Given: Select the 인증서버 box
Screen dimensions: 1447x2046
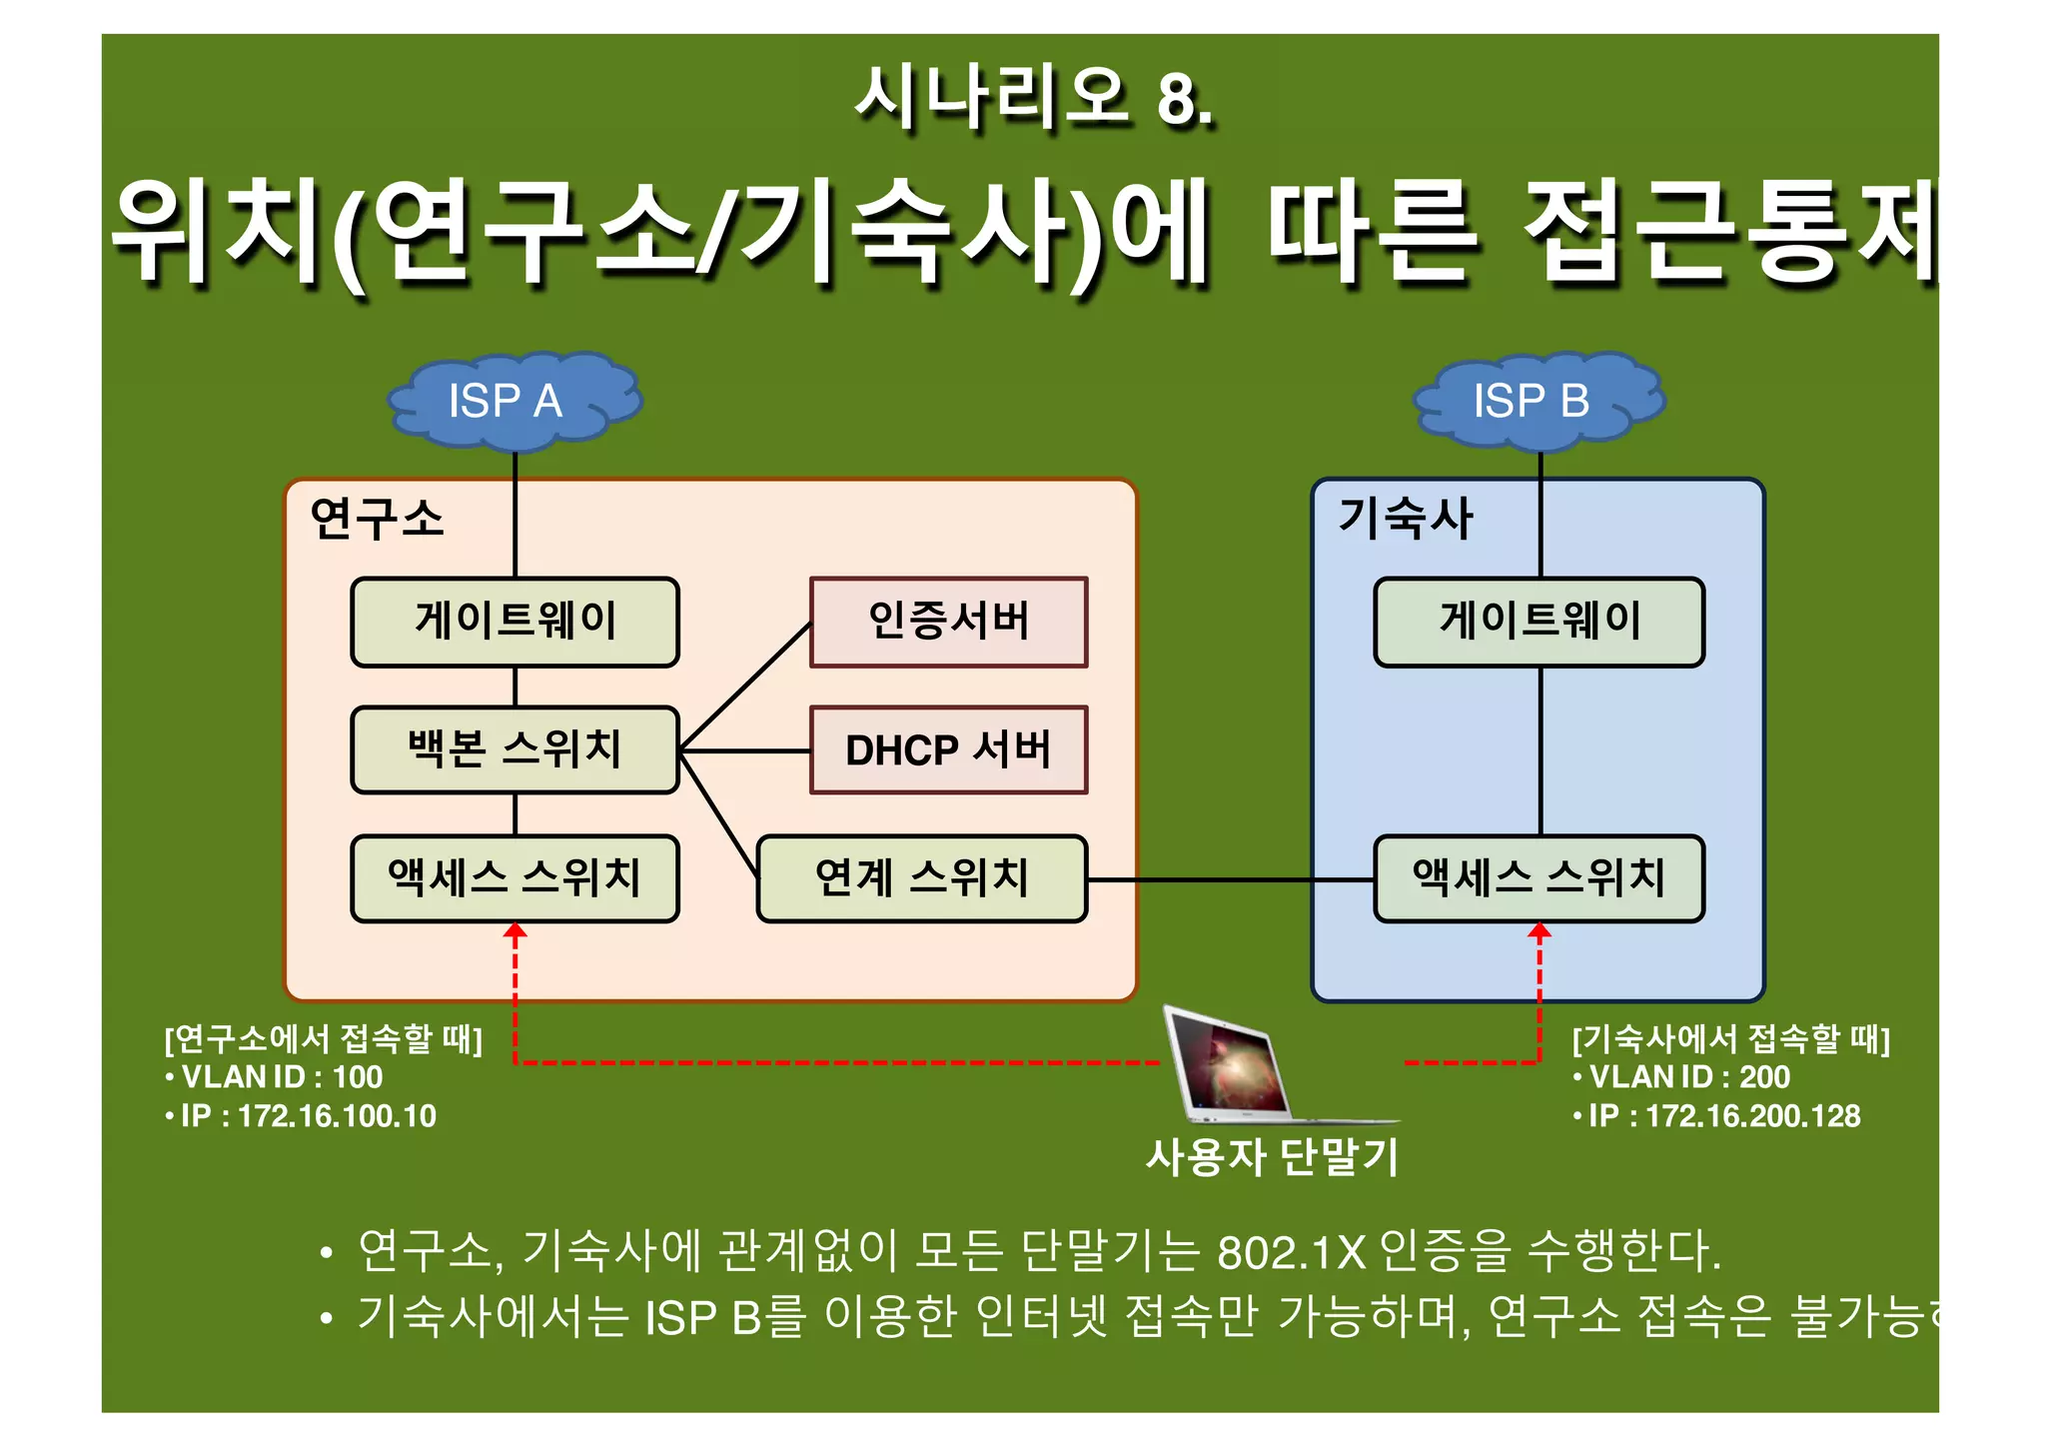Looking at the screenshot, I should coord(948,622).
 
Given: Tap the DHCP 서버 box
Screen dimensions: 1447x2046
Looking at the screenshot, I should coord(948,749).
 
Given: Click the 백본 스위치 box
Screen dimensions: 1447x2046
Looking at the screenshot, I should coord(514,749).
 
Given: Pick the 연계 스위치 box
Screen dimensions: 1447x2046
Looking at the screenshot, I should coord(921,878).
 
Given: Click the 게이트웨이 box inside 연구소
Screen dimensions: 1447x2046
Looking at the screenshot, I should coord(514,622).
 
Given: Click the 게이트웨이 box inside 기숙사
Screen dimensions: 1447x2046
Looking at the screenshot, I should coord(1538,622).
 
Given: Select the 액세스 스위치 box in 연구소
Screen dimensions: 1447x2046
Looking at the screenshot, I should coord(514,878).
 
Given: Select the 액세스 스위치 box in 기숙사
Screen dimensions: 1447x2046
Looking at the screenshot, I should coord(1538,878).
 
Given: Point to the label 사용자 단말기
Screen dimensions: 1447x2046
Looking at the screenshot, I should coord(1272,1157).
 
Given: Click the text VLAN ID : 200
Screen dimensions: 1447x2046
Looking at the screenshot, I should coord(1689,1077).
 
